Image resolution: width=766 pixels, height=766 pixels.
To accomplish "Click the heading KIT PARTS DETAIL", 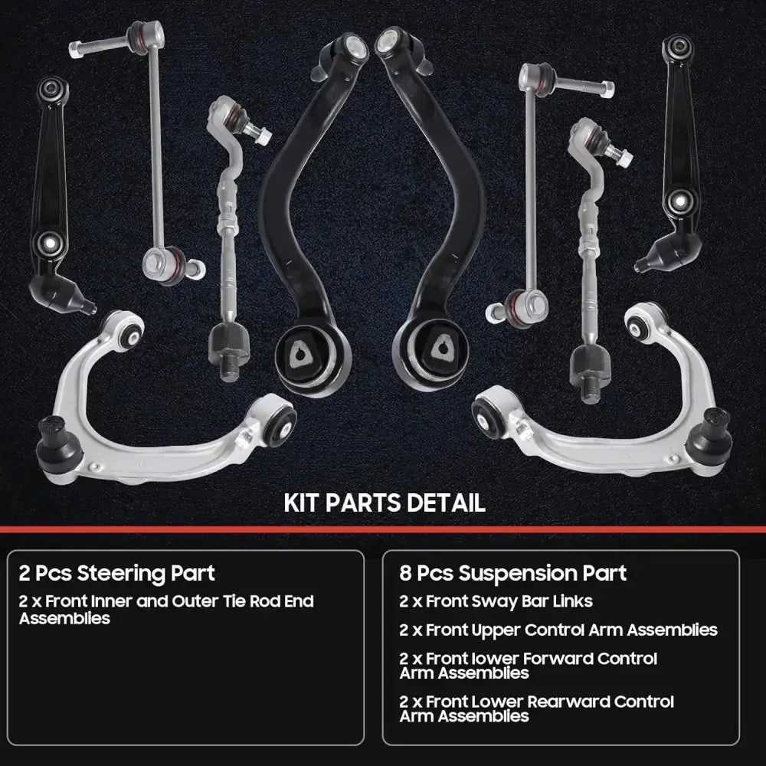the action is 385,502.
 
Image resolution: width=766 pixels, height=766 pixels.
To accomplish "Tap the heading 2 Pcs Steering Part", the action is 116,573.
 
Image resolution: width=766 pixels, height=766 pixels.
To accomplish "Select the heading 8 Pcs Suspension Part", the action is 512,573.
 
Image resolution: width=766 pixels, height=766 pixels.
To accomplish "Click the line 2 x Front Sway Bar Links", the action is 496,601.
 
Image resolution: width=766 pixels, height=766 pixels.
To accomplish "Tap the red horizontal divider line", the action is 383,529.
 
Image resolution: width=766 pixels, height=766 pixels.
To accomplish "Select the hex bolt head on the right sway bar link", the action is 607,90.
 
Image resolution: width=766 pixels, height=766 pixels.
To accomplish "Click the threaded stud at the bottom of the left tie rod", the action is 229,371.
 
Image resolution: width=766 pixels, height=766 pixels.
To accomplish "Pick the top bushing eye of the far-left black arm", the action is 52,90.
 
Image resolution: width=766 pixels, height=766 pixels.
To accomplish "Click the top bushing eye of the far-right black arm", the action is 678,47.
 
